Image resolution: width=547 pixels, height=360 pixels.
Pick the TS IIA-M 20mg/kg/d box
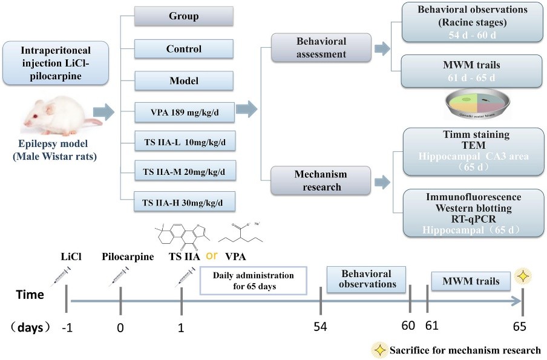click(184, 171)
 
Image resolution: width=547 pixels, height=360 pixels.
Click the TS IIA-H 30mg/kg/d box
click(184, 201)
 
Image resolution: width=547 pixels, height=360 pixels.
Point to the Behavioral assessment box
click(321, 48)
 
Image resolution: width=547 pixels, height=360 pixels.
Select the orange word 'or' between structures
click(212, 255)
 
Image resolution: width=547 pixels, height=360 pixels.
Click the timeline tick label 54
click(320, 327)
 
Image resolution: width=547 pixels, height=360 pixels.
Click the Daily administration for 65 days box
click(254, 281)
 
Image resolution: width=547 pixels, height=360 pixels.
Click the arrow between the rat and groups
click(105, 112)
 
